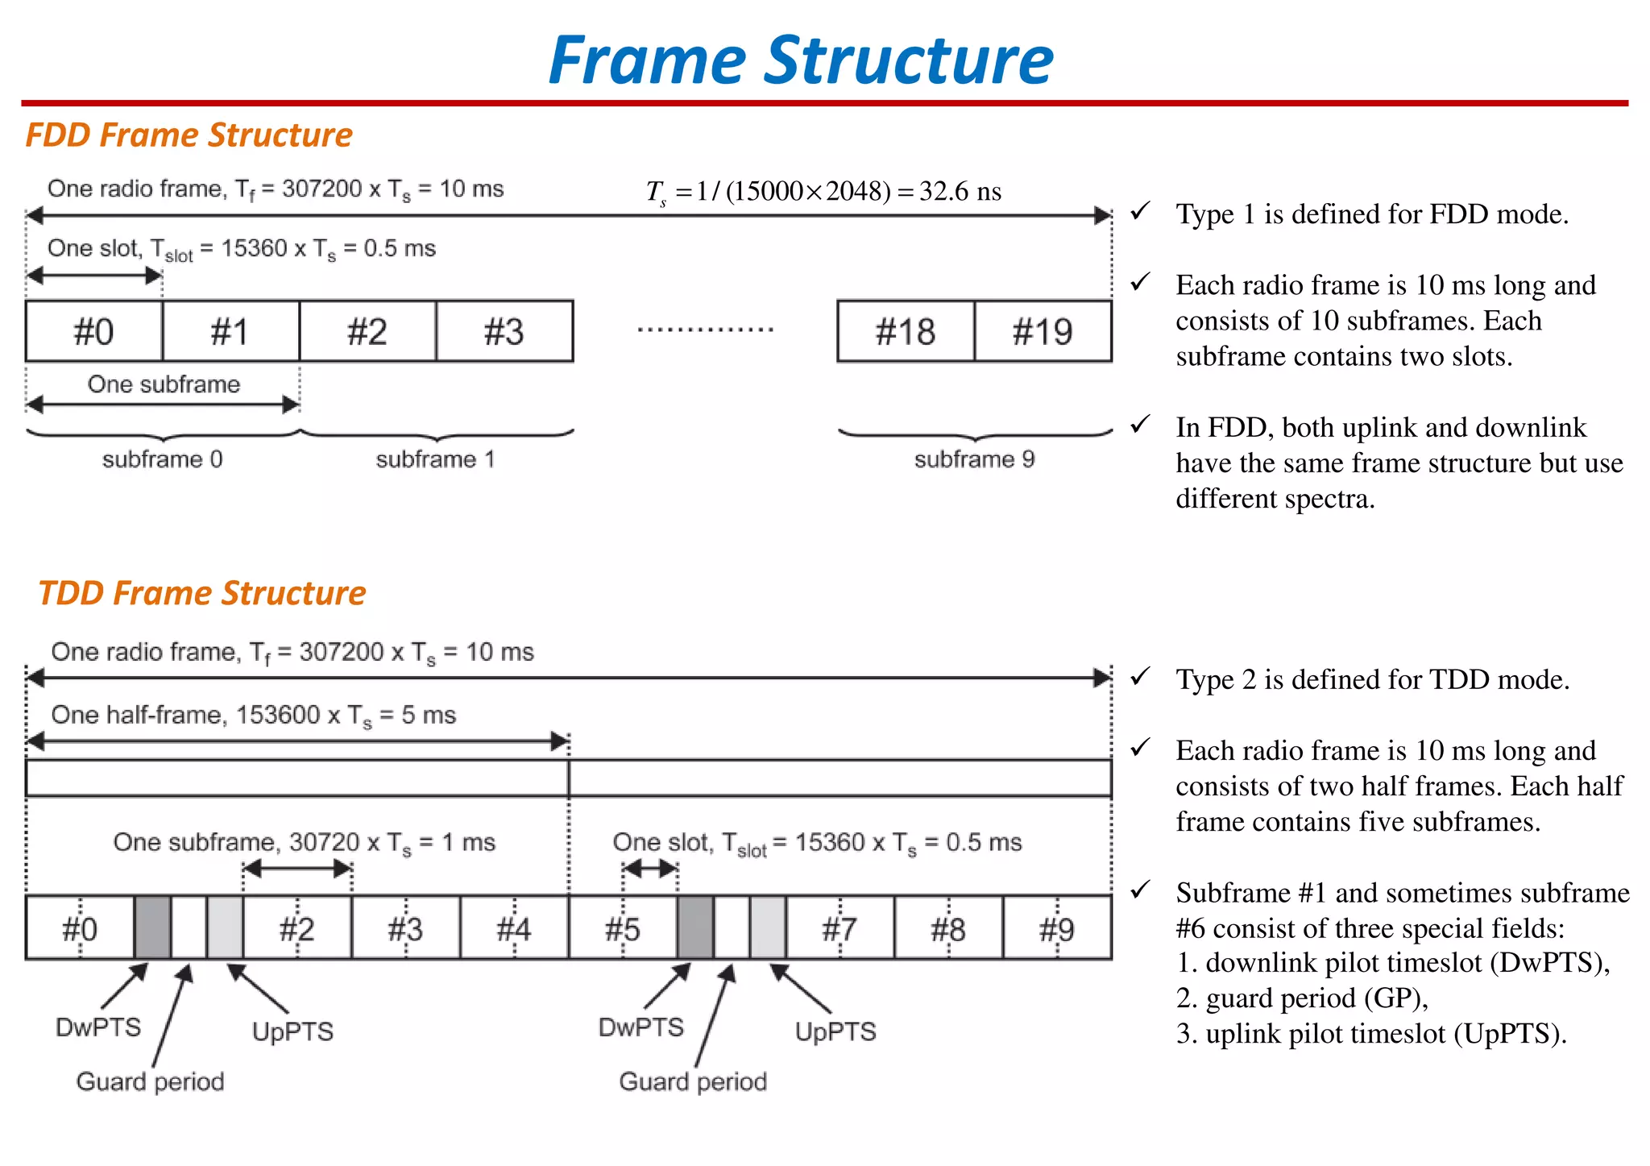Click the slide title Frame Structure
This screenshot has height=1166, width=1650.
(x=801, y=60)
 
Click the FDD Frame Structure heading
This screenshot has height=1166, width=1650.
(x=189, y=135)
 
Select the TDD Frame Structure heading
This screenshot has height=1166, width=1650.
(x=201, y=593)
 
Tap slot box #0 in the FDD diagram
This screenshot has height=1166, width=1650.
(x=93, y=331)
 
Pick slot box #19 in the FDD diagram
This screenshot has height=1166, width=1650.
(x=1043, y=331)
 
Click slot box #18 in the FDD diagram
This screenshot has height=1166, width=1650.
(x=906, y=331)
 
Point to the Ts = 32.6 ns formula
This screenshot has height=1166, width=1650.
(x=823, y=191)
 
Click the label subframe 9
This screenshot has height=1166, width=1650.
(x=974, y=459)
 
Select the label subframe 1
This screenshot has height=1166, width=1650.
(x=435, y=459)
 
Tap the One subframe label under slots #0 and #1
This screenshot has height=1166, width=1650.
(x=164, y=384)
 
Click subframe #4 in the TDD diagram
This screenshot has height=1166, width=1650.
(x=514, y=929)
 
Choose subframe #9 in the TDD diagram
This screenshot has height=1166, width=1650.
(x=1057, y=929)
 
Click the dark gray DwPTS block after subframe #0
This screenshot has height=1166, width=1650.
(x=152, y=927)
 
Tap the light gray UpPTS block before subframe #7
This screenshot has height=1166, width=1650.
(x=768, y=927)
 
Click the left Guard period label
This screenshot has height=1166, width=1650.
(x=150, y=1081)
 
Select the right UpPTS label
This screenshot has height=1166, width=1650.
(x=835, y=1031)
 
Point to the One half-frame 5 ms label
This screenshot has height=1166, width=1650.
(x=253, y=715)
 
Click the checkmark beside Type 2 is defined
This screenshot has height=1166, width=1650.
(x=1140, y=677)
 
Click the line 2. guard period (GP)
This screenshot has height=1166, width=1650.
(x=1301, y=998)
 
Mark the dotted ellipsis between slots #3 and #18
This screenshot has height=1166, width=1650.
(x=705, y=330)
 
